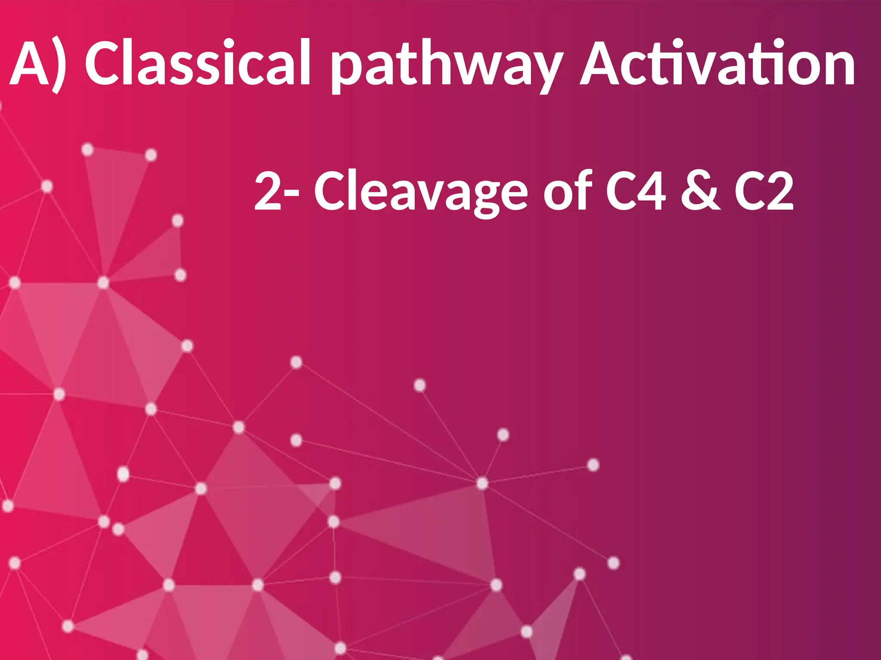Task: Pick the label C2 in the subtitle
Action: (x=764, y=191)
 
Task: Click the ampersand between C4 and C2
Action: (x=700, y=191)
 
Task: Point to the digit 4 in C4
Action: (x=651, y=191)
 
